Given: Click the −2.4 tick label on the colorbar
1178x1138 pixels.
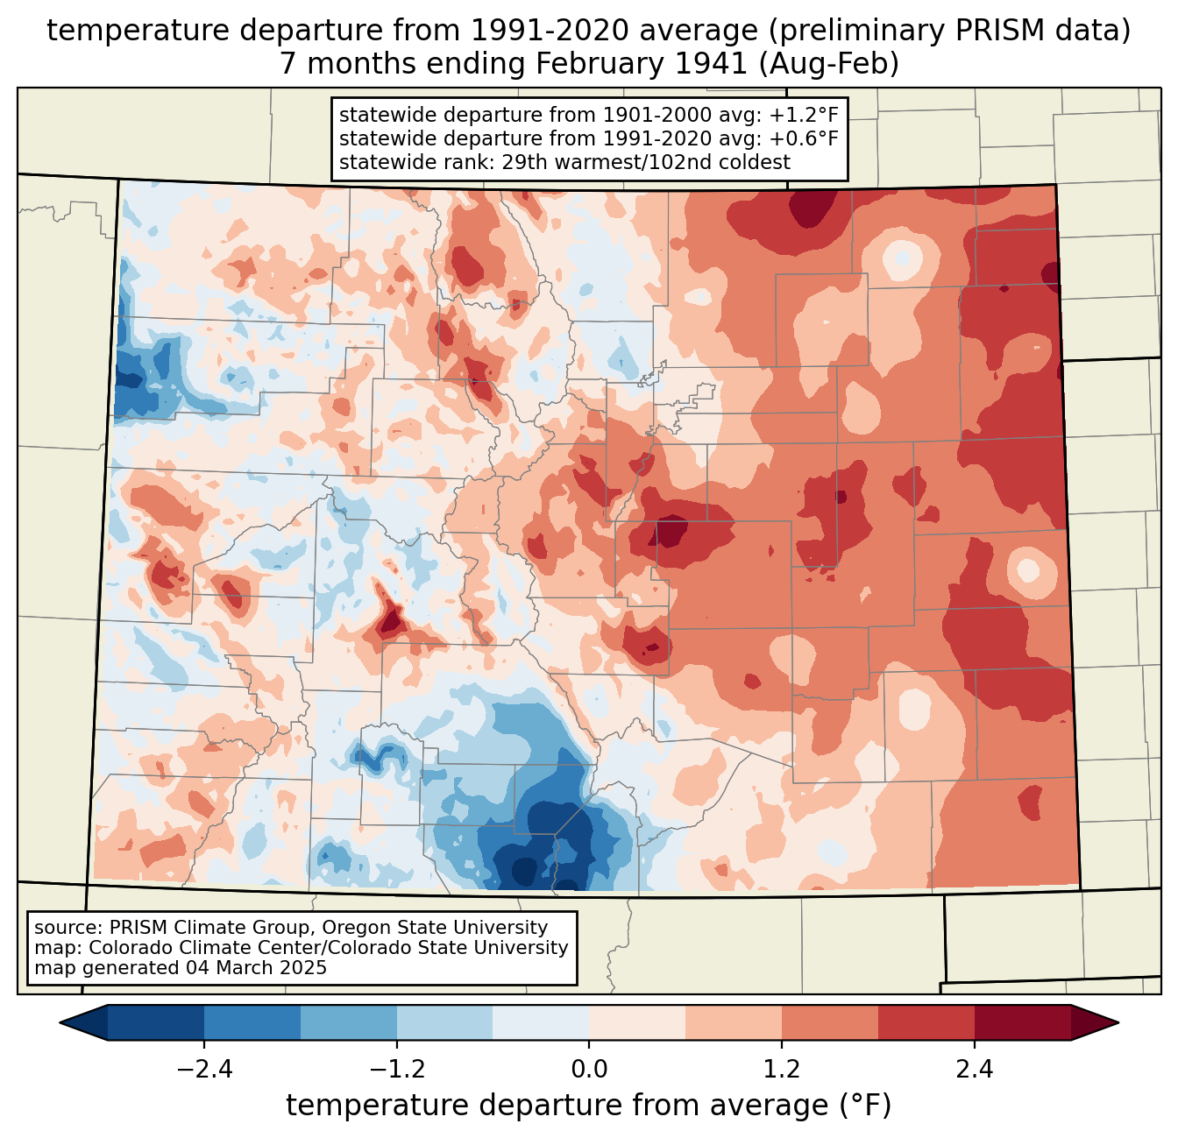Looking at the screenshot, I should point(204,1070).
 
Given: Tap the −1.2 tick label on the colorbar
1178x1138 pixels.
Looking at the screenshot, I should point(396,1070).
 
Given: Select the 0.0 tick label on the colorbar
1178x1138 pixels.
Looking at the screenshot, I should point(589,1070).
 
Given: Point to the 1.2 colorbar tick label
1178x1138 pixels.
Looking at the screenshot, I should point(782,1070).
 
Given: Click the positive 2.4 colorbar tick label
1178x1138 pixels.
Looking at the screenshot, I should point(974,1070).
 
